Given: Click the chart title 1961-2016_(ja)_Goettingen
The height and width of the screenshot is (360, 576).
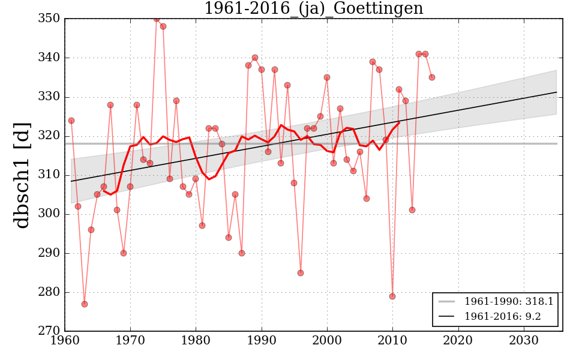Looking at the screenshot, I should point(313,9).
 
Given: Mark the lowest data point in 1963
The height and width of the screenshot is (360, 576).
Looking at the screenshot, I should point(85,304).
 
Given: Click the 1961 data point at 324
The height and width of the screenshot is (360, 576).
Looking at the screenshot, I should point(71,121).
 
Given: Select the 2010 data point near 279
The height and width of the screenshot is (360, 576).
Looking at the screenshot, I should point(392,296).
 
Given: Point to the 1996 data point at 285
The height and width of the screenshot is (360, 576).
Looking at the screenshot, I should point(301,273).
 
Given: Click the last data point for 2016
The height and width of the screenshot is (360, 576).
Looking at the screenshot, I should point(432,77).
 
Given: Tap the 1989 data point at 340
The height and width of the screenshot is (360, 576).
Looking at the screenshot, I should point(255,58).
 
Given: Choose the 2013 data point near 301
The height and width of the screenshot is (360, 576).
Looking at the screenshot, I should point(412,210).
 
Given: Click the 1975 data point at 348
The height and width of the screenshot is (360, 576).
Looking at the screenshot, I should point(163,26).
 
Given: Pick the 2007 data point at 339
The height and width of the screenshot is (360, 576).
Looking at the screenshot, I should point(373,62).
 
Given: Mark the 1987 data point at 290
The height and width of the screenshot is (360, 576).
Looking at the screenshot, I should point(242,253).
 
